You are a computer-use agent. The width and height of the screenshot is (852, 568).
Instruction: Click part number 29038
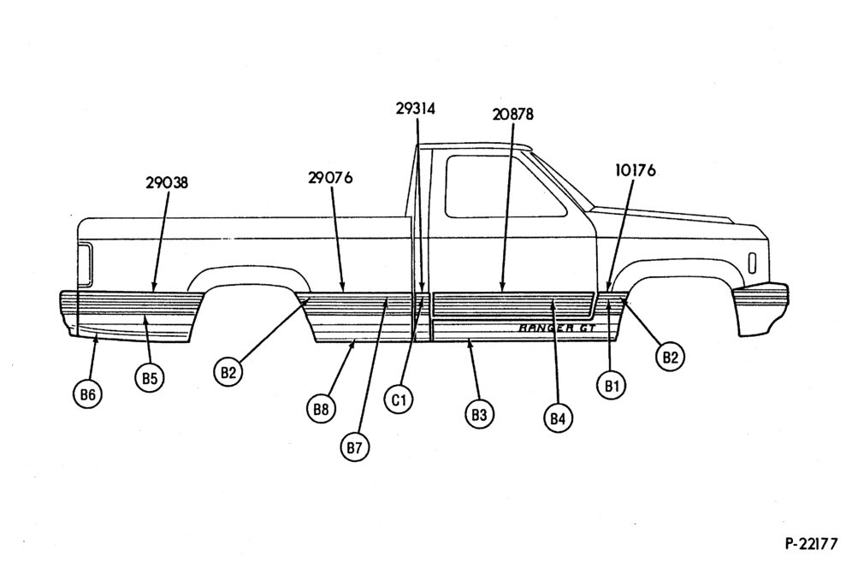click(x=167, y=182)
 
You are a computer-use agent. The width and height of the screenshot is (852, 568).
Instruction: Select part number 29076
click(x=330, y=178)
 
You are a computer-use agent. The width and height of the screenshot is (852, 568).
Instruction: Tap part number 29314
click(x=416, y=109)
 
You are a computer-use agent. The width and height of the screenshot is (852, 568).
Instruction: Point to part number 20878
click(x=513, y=114)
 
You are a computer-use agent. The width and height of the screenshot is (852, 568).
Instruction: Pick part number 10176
click(x=636, y=171)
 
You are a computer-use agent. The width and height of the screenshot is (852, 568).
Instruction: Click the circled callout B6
click(x=87, y=394)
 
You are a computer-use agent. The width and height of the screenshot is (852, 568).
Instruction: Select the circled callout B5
click(x=150, y=378)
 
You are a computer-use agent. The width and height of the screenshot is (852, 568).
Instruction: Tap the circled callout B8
click(x=321, y=409)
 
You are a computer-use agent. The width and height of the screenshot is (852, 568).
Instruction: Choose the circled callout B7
click(x=354, y=447)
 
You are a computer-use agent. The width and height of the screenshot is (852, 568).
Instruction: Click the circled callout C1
click(x=399, y=399)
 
